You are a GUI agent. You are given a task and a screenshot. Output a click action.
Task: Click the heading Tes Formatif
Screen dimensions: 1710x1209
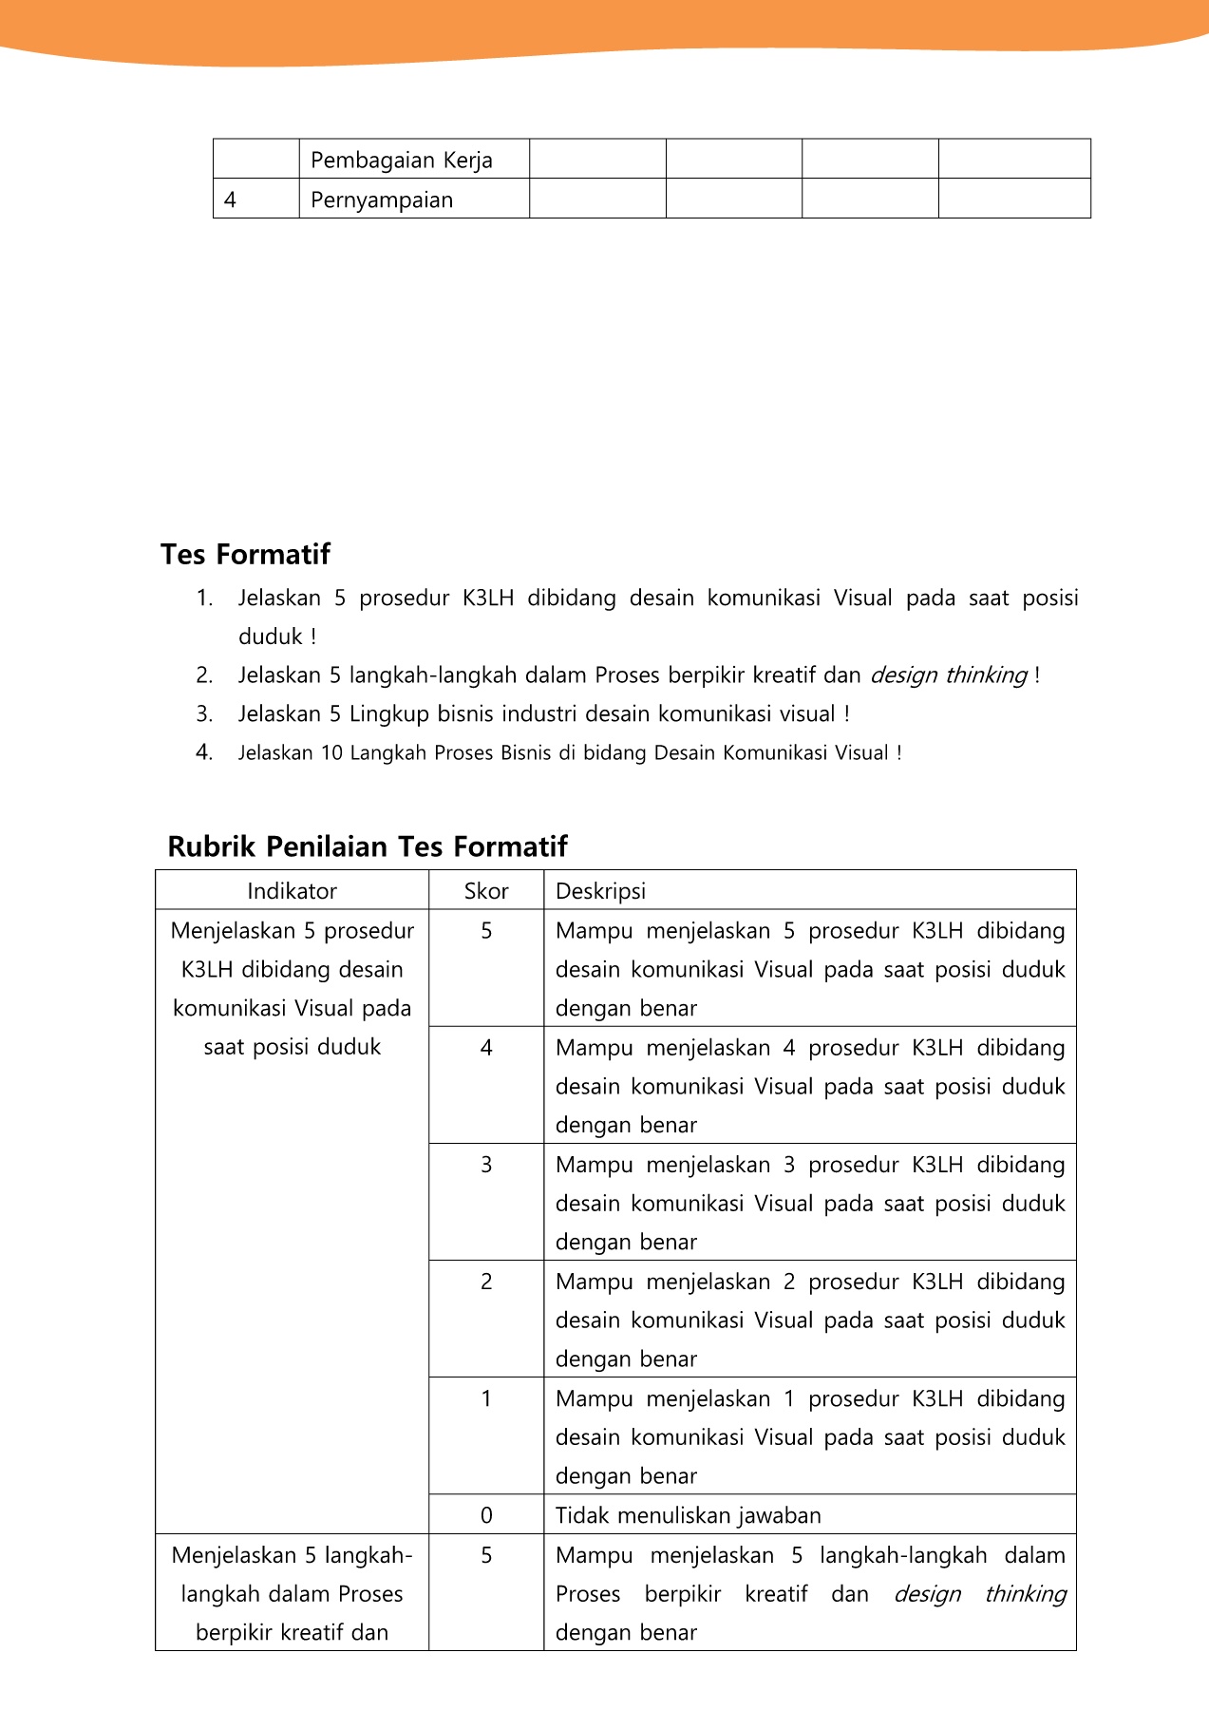click(x=245, y=554)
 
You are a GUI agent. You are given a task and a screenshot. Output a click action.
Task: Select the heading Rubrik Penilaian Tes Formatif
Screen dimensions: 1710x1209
click(x=367, y=846)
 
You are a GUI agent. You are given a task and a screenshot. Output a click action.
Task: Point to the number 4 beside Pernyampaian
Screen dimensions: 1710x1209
click(x=230, y=199)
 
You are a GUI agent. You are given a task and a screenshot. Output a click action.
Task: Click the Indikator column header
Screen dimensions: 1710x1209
click(x=292, y=891)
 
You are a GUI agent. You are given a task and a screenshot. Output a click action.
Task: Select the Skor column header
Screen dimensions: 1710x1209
click(x=486, y=891)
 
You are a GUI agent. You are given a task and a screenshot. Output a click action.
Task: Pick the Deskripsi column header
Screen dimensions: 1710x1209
click(x=600, y=891)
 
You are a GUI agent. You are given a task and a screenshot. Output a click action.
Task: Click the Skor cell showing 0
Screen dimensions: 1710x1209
click(x=486, y=1515)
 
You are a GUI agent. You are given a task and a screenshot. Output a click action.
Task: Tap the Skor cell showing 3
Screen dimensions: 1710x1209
click(x=486, y=1165)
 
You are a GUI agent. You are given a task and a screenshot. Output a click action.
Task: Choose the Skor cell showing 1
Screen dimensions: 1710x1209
click(x=486, y=1398)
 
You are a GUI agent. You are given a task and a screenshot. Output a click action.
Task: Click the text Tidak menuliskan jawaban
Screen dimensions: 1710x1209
click(x=688, y=1515)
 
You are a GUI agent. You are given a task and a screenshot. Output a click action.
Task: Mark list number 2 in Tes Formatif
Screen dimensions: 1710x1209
click(x=204, y=675)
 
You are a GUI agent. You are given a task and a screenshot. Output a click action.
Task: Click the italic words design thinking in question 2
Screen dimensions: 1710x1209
click(x=948, y=675)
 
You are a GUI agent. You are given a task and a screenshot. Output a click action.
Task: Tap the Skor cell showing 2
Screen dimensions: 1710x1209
click(x=486, y=1282)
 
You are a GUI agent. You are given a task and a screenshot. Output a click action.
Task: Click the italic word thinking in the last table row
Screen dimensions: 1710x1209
click(x=1025, y=1594)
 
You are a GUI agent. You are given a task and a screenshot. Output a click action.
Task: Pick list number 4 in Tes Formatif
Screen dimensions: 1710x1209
click(x=204, y=753)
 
